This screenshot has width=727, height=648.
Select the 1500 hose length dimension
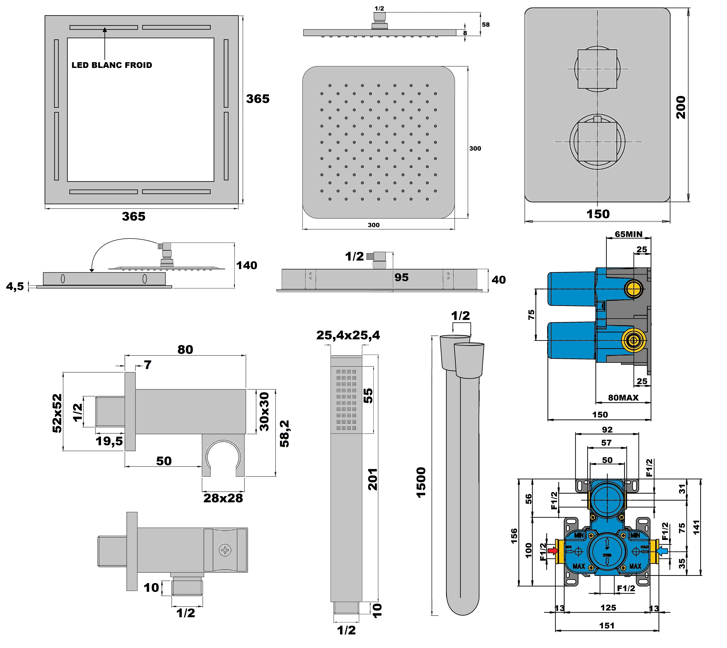[x=421, y=482]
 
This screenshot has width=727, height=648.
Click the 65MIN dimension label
[x=629, y=234]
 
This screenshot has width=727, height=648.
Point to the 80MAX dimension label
[x=623, y=398]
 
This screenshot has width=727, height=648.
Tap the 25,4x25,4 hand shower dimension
[x=348, y=335]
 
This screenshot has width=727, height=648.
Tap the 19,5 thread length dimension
[x=109, y=441]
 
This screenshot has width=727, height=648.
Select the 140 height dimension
[x=246, y=265]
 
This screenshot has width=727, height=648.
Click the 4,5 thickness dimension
[x=15, y=286]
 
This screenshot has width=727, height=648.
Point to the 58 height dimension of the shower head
[x=486, y=25]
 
